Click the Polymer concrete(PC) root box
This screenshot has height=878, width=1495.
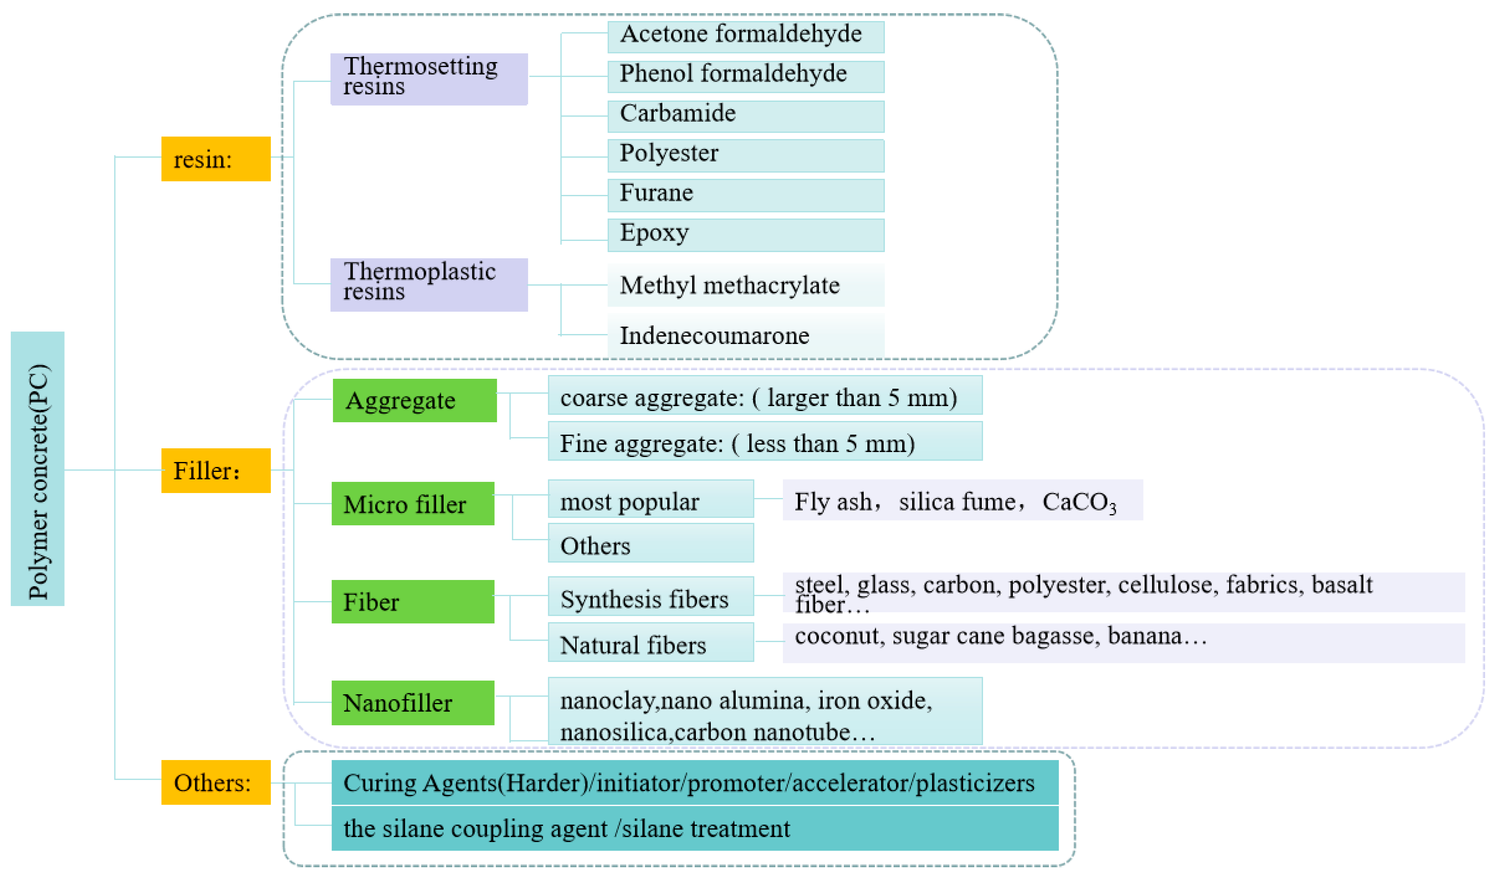coord(37,468)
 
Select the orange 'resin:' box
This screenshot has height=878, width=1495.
coord(216,159)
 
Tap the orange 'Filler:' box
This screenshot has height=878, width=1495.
coord(216,471)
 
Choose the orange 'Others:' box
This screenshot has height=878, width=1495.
coord(216,782)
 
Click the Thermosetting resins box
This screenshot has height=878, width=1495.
coord(429,79)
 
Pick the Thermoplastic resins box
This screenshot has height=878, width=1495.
coord(429,284)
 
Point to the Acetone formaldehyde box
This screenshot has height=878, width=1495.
coord(746,37)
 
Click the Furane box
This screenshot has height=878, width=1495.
coord(746,195)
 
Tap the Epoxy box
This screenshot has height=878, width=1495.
coord(746,235)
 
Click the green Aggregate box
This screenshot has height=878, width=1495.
coord(415,400)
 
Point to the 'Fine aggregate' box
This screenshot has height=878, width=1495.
coord(765,441)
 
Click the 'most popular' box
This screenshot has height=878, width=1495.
coord(651,499)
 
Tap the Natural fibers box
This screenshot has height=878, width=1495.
coord(651,642)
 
